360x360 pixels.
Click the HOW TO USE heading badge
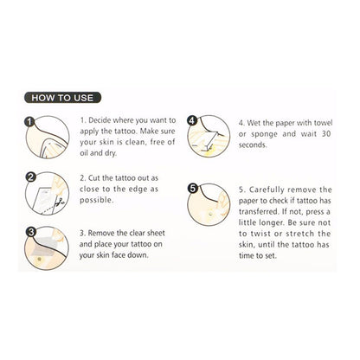click(x=62, y=98)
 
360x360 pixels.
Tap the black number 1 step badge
click(x=29, y=122)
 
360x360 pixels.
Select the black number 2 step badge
click(x=30, y=177)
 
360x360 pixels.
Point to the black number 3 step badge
click(x=31, y=232)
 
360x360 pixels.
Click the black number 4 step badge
click(x=192, y=120)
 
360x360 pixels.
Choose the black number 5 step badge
click(x=193, y=189)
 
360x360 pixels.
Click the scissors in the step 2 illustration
click(x=60, y=202)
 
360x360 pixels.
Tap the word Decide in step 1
click(x=100, y=120)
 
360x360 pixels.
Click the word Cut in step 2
click(x=94, y=178)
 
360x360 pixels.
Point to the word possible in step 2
click(x=96, y=200)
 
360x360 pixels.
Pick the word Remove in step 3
click(x=101, y=233)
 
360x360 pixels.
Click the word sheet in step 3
click(x=156, y=233)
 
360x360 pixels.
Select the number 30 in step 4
click(x=326, y=134)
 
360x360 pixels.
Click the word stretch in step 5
click(x=299, y=234)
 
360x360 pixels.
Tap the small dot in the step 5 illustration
click(x=210, y=214)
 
